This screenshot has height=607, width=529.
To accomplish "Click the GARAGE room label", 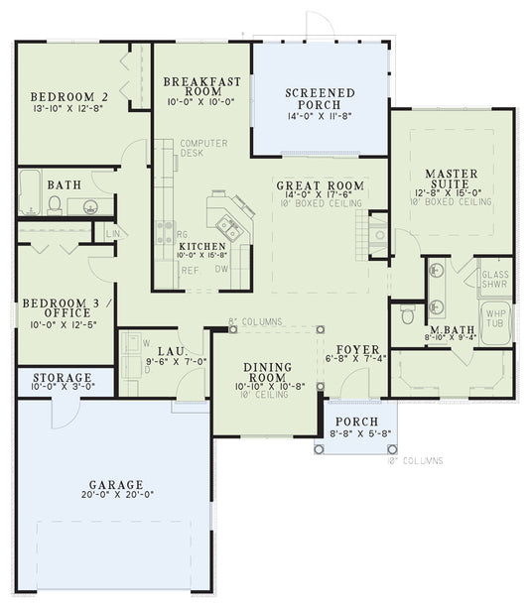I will [115, 485].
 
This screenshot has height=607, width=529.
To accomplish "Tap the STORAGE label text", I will [63, 378].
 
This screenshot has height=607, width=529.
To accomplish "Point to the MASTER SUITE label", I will [452, 179].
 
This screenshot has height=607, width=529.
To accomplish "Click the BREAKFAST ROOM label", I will [198, 86].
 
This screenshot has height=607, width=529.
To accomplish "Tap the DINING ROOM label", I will [267, 373].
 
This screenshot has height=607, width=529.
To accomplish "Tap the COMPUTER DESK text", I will [203, 149].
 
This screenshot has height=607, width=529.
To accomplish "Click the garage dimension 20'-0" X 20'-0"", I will [115, 496].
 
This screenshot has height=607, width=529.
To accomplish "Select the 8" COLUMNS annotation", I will [255, 321].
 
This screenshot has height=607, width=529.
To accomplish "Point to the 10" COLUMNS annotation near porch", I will [415, 461].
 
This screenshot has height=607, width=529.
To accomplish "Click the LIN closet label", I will [111, 233].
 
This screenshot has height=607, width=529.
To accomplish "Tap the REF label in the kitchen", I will [189, 268].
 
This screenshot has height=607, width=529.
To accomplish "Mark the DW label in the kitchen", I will [223, 268].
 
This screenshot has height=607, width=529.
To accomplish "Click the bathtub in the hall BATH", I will [30, 193].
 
